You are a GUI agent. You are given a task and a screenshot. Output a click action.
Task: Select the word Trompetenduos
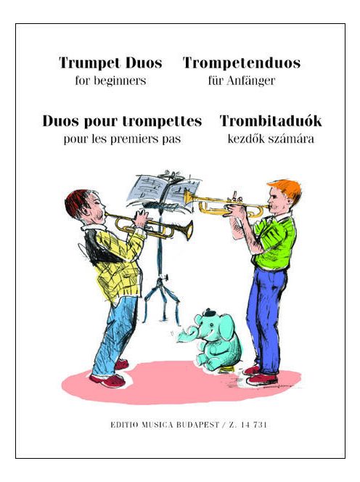pyautogui.click(x=241, y=63)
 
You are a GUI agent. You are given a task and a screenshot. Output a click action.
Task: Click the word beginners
pyautogui.click(x=120, y=81)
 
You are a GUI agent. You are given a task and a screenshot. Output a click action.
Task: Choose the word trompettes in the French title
pyautogui.click(x=168, y=120)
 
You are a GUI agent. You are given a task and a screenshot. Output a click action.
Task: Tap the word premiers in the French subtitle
pyautogui.click(x=142, y=139)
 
